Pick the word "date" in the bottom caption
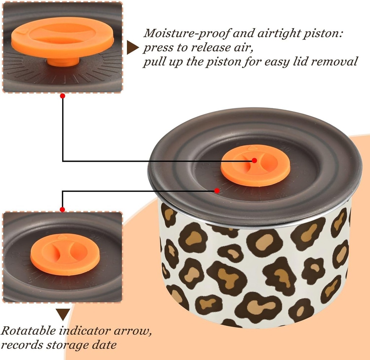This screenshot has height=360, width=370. (104, 345)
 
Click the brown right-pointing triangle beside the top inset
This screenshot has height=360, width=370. (132, 48)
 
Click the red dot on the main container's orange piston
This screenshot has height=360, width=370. (254, 160)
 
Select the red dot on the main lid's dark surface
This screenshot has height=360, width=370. (217, 190)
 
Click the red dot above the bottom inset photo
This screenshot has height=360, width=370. (62, 209)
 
